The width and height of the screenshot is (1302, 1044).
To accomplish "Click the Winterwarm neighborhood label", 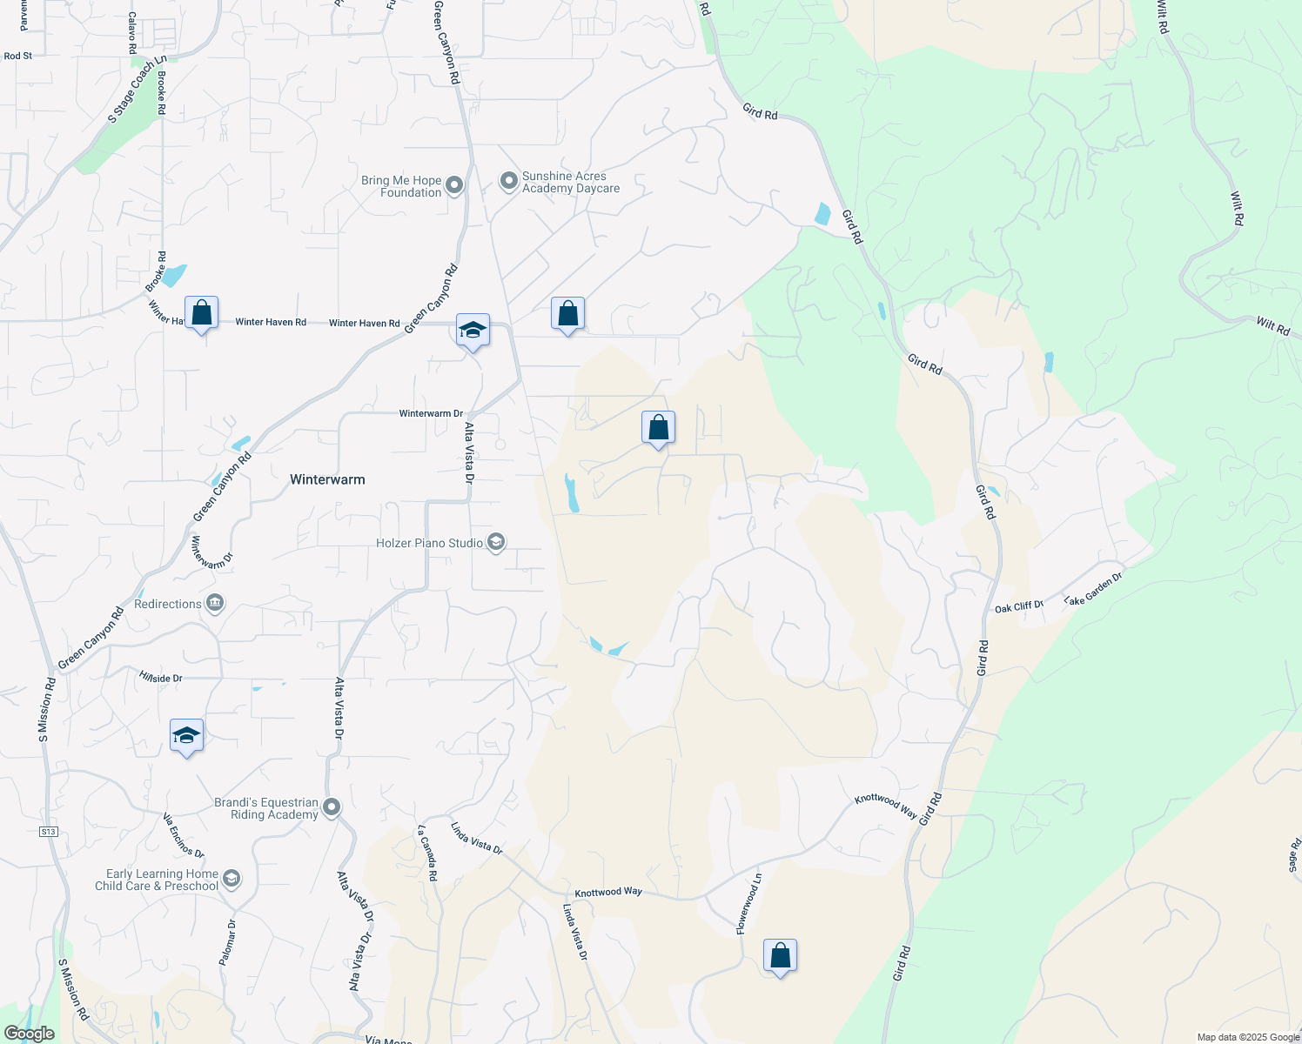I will [327, 479].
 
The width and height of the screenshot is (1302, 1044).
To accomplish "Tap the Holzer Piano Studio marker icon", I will [496, 543].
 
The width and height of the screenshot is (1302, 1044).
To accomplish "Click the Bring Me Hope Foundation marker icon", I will [453, 185].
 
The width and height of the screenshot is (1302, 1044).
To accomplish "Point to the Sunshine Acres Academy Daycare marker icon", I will [508, 181].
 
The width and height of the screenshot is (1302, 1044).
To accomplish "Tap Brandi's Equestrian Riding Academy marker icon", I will [332, 808].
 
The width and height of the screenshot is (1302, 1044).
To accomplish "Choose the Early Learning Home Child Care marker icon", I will [231, 879].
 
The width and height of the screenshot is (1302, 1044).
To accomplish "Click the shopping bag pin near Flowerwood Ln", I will [780, 956].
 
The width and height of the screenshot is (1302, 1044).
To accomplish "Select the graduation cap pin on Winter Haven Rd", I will [473, 331].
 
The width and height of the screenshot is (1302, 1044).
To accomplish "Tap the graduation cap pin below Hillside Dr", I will [186, 736].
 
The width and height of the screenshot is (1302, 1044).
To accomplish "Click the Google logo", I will [30, 1034].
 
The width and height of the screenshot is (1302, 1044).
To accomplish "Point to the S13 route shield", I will [48, 832].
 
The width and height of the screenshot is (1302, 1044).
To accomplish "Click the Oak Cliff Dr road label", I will [1018, 606].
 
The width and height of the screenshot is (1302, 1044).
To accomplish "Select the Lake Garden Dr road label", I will [1093, 589].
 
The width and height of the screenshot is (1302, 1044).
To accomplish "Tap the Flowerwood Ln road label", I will [749, 905].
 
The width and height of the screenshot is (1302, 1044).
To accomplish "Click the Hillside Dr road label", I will [161, 678].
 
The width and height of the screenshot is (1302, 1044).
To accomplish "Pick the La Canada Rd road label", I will [426, 853].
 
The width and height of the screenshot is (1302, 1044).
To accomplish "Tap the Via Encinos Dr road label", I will [184, 836].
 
